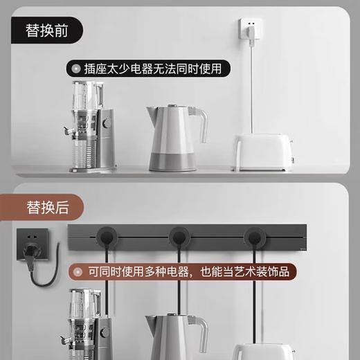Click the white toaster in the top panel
pyautogui.click(x=262, y=152)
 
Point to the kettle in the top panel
pyautogui.click(x=173, y=138)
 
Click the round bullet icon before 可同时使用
pyautogui.click(x=74, y=271)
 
